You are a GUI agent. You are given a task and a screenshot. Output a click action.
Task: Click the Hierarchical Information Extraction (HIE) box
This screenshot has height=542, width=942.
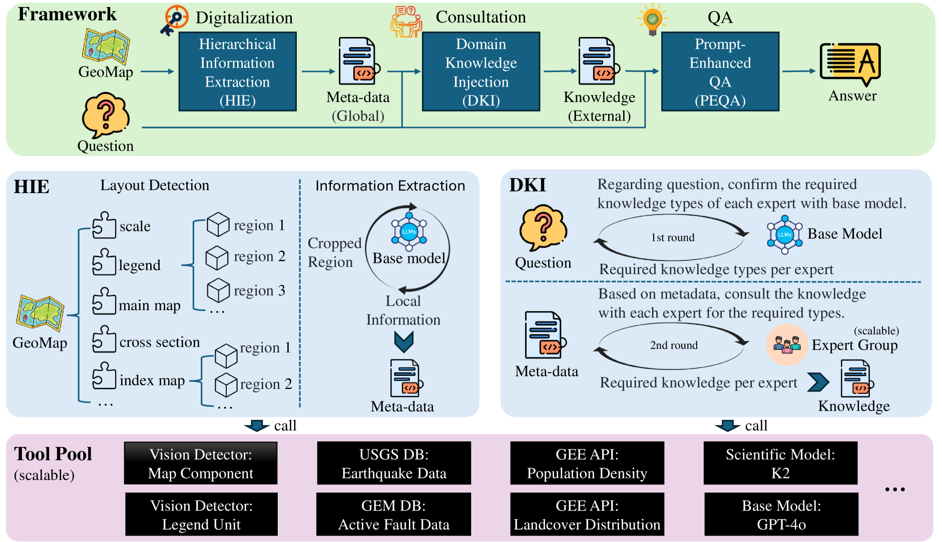tap(237, 71)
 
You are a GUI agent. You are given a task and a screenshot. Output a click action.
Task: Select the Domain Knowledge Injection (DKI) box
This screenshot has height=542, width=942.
tap(481, 71)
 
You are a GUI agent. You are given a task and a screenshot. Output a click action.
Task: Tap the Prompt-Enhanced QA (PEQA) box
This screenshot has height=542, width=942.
tap(720, 71)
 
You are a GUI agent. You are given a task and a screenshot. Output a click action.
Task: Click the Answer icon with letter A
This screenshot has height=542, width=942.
tap(850, 63)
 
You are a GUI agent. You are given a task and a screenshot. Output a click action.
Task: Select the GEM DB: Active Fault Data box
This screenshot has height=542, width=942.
tap(393, 514)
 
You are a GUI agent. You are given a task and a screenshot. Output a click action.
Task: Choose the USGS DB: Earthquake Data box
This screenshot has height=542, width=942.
tap(394, 463)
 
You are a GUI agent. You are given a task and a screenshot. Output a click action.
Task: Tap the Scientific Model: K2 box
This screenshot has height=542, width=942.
tap(780, 463)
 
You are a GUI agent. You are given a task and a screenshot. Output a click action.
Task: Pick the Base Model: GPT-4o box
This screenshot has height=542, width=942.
tap(781, 514)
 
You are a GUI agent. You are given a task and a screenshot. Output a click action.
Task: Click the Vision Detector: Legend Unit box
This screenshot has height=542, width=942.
tap(201, 514)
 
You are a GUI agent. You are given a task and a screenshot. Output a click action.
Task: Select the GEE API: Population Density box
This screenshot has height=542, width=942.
tap(587, 463)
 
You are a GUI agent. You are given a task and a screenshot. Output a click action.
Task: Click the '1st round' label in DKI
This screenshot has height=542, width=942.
tap(673, 237)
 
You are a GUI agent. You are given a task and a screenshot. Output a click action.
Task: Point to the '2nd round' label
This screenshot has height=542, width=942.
tap(674, 345)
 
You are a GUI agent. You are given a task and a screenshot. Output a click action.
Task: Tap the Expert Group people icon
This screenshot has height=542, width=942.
tap(787, 344)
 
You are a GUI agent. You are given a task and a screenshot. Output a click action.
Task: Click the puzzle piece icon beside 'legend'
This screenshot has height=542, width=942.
tap(104, 262)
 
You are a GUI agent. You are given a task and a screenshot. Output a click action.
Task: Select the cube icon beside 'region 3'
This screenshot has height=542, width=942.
tap(218, 290)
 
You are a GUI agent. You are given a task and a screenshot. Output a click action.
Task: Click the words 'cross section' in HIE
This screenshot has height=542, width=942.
tap(160, 342)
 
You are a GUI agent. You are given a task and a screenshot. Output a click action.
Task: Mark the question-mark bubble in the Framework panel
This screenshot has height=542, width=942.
tap(106, 115)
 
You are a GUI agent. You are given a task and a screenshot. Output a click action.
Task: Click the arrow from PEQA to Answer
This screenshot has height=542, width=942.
tap(799, 71)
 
